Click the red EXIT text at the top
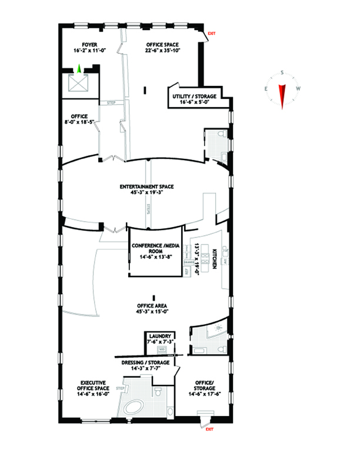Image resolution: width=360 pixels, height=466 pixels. point(212,34)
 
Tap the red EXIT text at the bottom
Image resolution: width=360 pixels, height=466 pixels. point(209,430)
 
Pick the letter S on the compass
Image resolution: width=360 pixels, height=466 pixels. point(282,73)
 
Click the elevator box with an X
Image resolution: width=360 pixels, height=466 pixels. point(79,84)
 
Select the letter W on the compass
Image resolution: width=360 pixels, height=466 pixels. point(299,89)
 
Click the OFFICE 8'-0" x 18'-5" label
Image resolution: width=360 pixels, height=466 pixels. point(79,119)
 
